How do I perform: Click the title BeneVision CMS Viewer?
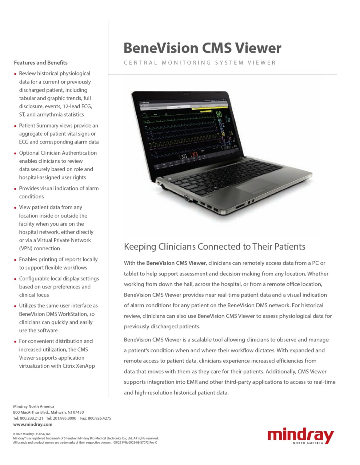tap(202, 48)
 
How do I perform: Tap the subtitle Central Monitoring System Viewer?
tap(200, 62)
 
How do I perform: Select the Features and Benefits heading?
tap(41, 62)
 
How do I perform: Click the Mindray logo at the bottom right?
tap(300, 436)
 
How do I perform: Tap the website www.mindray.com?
tap(33, 424)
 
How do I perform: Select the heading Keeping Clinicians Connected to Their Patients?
tap(215, 247)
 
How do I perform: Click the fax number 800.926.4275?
tap(99, 418)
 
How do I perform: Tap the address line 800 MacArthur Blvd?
tap(48, 412)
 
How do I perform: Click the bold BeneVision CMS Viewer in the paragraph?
tap(176, 263)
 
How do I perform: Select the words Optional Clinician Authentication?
tap(58, 153)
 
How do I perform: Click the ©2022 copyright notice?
tap(32, 434)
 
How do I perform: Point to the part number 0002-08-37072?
tap(140, 442)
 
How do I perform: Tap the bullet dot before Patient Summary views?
tap(15, 126)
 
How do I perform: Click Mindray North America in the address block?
tap(34, 407)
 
